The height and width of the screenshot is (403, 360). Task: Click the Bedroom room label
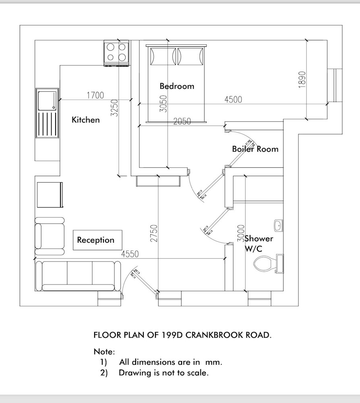(177, 86)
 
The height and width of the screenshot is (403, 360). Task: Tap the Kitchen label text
(85, 120)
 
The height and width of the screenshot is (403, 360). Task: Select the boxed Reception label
(96, 240)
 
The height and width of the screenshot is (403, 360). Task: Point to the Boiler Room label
(255, 149)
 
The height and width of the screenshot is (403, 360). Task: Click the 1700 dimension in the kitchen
(95, 95)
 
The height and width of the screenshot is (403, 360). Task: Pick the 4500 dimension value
(234, 100)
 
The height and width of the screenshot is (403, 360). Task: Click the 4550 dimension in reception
(130, 254)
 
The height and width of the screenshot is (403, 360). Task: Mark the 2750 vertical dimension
(154, 233)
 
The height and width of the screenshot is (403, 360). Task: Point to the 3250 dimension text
(114, 108)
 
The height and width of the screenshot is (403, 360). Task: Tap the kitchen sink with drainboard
(47, 113)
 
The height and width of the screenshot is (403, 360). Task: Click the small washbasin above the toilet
(278, 225)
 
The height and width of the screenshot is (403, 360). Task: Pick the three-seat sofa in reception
(78, 276)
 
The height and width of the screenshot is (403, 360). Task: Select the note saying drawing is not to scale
(163, 372)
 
